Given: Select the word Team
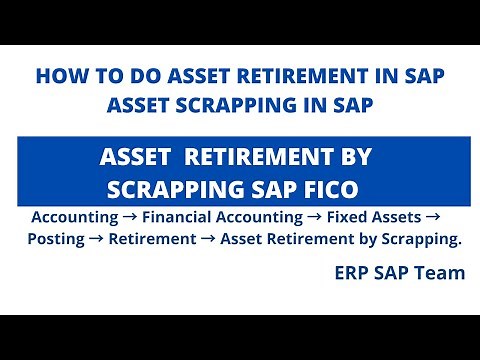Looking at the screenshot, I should pos(441,272).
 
